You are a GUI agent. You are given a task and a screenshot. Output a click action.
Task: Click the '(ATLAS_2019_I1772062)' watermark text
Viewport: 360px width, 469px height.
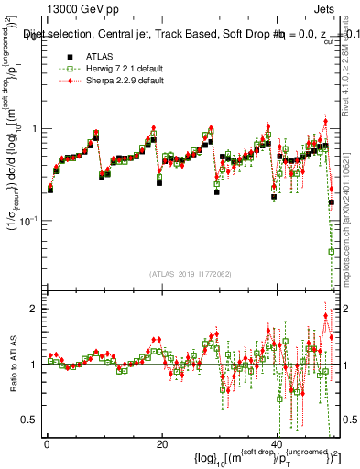coord(191,274)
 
